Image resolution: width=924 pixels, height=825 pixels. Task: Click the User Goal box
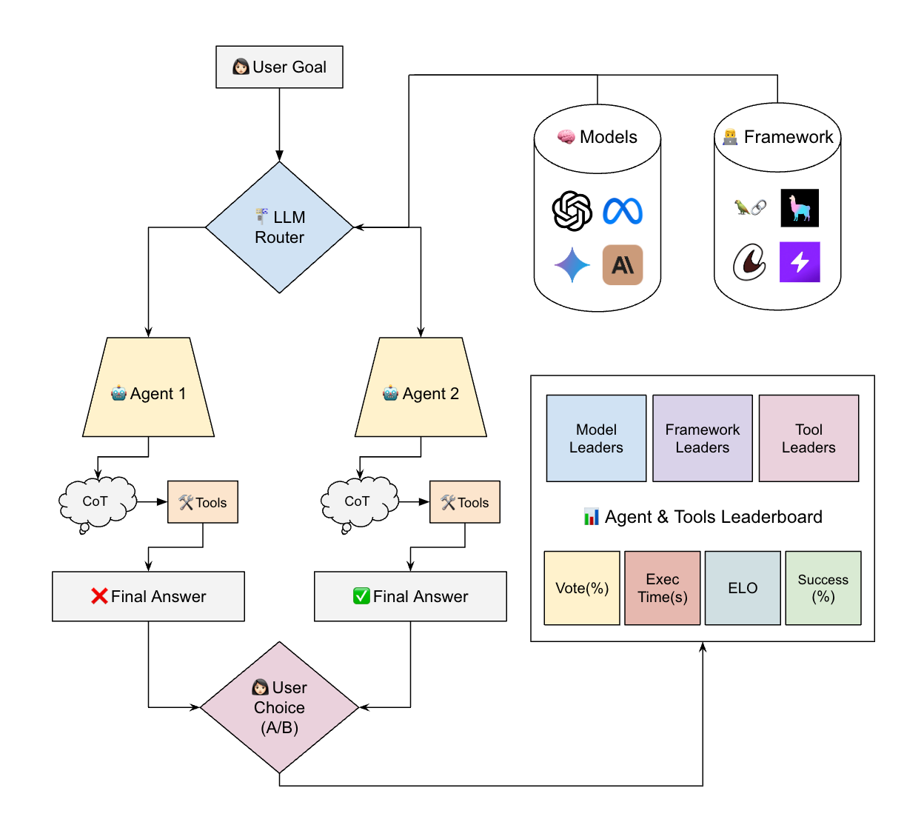click(x=279, y=67)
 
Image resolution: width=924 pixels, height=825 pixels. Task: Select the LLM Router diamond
click(x=279, y=227)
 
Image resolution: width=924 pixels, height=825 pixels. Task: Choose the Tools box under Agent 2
click(x=465, y=502)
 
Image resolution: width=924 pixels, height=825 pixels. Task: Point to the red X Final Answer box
click(x=148, y=596)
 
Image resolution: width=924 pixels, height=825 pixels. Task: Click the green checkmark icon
click(x=361, y=596)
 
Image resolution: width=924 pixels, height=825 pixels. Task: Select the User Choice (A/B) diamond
click(x=279, y=707)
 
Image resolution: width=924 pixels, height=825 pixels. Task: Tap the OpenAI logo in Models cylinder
click(x=572, y=211)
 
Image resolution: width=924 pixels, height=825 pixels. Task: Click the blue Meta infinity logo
click(x=623, y=211)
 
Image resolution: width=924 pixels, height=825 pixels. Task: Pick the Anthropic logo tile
click(x=623, y=265)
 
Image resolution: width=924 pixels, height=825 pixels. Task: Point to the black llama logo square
click(x=800, y=208)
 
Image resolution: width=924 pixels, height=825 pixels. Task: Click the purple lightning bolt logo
click(x=800, y=262)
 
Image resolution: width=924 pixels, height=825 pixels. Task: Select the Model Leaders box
click(x=596, y=438)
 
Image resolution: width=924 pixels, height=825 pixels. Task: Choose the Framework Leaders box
click(x=703, y=438)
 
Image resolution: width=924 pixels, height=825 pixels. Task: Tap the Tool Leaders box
click(x=808, y=438)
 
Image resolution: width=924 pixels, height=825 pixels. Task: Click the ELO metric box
click(x=743, y=588)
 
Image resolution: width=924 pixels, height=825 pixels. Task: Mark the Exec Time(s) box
click(x=663, y=588)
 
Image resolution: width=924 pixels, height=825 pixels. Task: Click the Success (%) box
click(x=823, y=588)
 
